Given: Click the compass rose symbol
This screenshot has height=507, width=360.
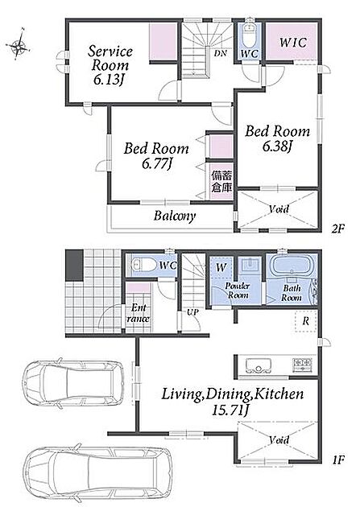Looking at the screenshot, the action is [x=19, y=45].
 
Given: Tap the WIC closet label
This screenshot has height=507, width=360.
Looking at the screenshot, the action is [x=293, y=43].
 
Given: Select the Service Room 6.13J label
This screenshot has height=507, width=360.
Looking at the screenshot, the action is [x=110, y=66].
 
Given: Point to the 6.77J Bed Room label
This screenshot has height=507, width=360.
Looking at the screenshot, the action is [x=156, y=156].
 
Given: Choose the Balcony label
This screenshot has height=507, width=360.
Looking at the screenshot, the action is [x=175, y=216].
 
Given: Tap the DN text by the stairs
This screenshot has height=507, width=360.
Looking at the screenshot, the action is [x=221, y=53].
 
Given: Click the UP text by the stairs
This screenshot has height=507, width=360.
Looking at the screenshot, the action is [x=192, y=312].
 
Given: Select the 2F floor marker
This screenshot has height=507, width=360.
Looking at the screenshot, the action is [x=338, y=229].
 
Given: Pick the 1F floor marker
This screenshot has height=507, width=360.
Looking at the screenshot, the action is [x=338, y=460].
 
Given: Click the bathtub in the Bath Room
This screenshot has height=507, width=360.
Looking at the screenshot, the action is [x=292, y=266].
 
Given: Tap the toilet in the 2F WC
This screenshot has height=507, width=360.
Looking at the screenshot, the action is [x=249, y=36].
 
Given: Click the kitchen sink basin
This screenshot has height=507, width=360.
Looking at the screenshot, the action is [x=256, y=365].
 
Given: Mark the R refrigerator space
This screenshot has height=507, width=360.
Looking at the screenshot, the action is [x=306, y=321].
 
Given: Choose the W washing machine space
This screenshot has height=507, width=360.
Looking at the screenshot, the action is [x=221, y=268].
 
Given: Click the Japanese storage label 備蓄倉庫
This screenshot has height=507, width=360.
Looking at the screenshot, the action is [x=222, y=182].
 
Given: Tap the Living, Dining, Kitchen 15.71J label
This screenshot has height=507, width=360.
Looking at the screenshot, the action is [x=232, y=402].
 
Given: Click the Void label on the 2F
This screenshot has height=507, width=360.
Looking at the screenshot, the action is [x=279, y=209].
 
